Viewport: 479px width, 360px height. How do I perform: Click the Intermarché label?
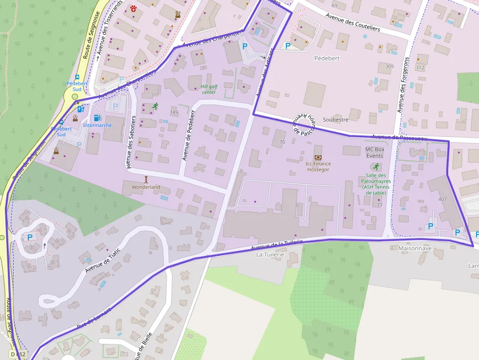pyautogui.click(x=97, y=126)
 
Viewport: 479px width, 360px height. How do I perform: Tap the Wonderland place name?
pyautogui.click(x=146, y=187)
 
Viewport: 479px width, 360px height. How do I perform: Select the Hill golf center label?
pyautogui.click(x=208, y=89)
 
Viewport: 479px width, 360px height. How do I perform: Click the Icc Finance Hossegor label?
pyautogui.click(x=318, y=167)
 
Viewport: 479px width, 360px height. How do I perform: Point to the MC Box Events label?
pyautogui.click(x=375, y=152)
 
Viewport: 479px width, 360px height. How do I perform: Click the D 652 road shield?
pyautogui.click(x=17, y=354)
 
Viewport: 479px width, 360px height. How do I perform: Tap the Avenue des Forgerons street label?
pyautogui.click(x=403, y=91)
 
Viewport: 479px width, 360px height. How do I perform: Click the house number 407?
pyautogui.click(x=442, y=199)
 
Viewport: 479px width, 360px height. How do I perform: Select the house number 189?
pyautogui.click(x=174, y=113)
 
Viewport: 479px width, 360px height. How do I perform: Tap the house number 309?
pyautogui.click(x=389, y=66)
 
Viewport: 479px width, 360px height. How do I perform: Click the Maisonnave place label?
pyautogui.click(x=415, y=248)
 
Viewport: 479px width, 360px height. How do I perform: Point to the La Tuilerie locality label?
pyautogui.click(x=270, y=254)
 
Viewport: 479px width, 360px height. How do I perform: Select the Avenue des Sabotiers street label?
pyautogui.click(x=131, y=142)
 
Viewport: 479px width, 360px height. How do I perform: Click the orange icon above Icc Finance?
pyautogui.click(x=318, y=157)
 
